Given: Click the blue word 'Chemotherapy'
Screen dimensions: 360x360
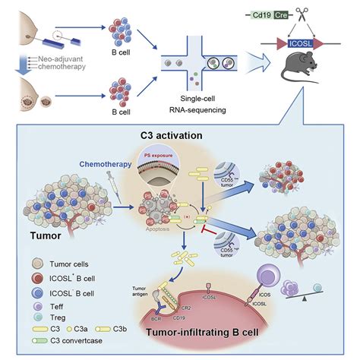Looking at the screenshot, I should pos(104,162).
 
